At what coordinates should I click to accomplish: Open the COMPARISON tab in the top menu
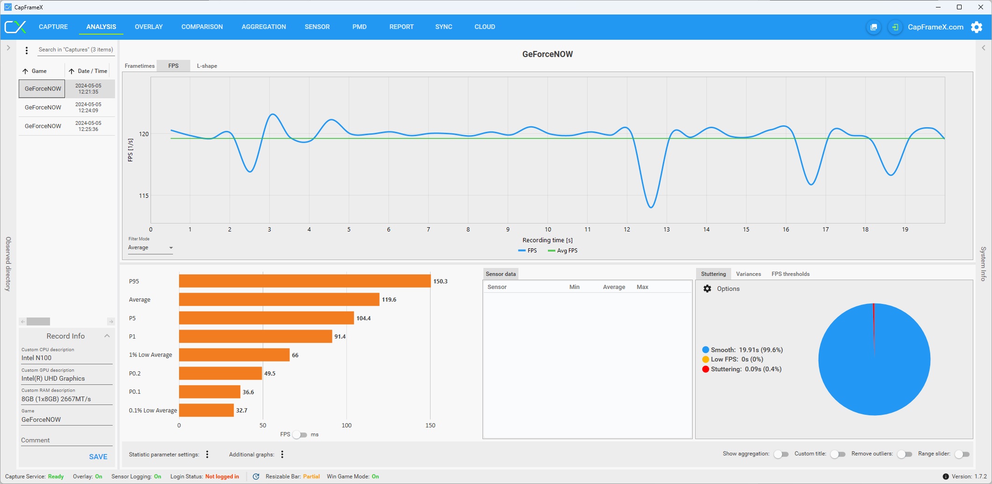[x=202, y=27]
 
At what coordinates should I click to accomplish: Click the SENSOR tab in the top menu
[x=317, y=27]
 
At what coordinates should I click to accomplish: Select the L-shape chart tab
[x=207, y=66]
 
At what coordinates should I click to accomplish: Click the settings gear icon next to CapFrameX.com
[x=977, y=27]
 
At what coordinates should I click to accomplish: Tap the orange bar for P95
[x=304, y=281]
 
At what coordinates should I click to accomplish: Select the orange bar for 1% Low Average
[x=234, y=355]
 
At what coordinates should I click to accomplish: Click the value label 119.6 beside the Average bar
[x=389, y=300]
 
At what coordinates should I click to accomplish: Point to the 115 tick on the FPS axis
[x=144, y=196]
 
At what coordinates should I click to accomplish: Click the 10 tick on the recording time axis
[x=548, y=230]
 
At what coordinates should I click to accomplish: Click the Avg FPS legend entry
[x=563, y=251]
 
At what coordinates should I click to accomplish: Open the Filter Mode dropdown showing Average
[x=151, y=248]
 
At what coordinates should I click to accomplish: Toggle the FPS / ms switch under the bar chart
[x=300, y=435]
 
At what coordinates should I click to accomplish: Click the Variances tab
[x=748, y=274]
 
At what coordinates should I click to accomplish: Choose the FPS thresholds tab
[x=790, y=274]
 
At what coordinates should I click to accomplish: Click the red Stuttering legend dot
[x=705, y=369]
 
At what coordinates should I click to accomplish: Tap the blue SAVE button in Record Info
[x=98, y=457]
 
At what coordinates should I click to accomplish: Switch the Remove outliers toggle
[x=905, y=454]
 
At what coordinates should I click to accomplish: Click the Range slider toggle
[x=962, y=454]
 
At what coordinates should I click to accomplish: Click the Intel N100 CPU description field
[x=66, y=358]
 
